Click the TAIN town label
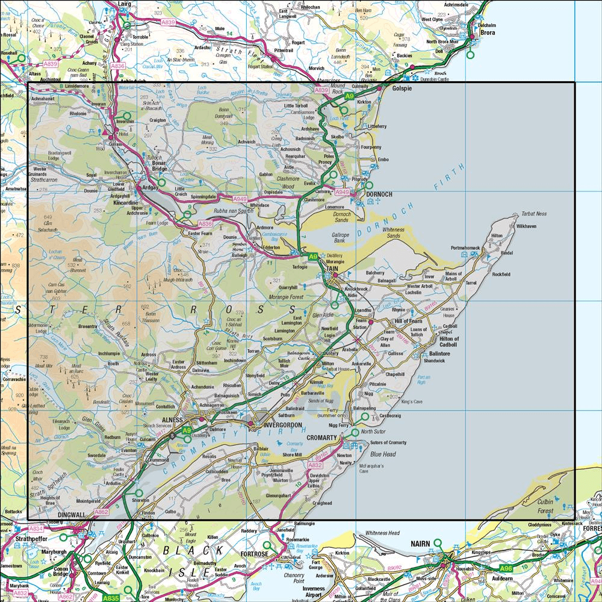(x=332, y=269)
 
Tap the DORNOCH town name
(x=379, y=194)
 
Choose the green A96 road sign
(x=508, y=567)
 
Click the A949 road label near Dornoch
(x=342, y=192)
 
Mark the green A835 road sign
(x=110, y=598)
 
